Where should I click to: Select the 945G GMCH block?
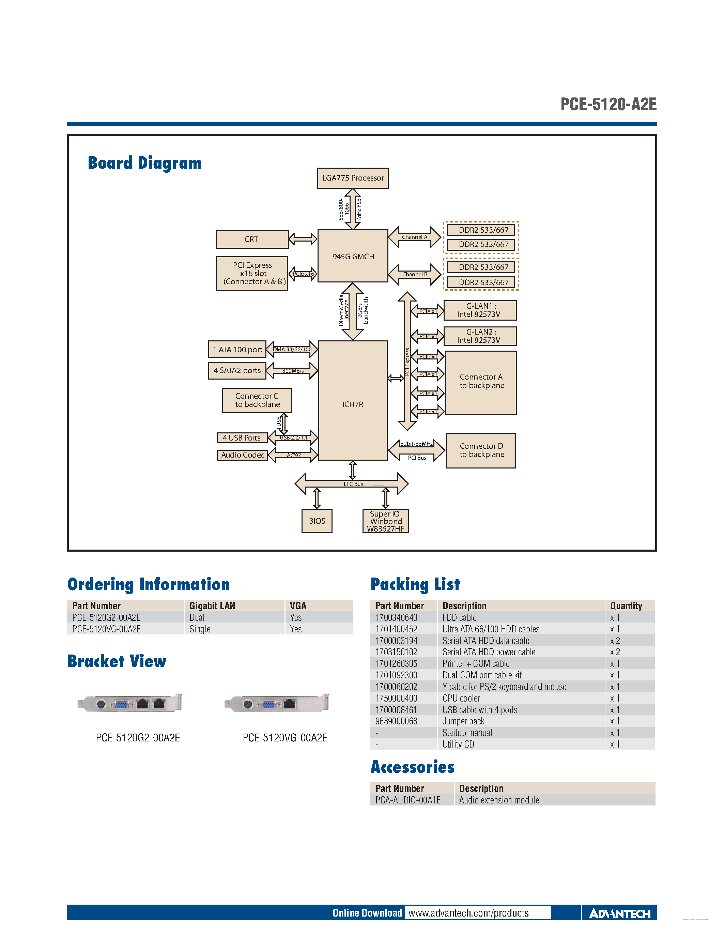coord(353,256)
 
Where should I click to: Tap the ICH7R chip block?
coord(353,404)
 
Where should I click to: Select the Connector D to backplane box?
coord(481,450)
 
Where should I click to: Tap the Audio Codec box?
coord(242,455)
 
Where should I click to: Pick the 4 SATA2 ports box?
coord(237,370)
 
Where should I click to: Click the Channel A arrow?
coord(414,237)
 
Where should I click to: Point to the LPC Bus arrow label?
coord(353,483)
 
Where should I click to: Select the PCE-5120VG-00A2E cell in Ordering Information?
coord(106,629)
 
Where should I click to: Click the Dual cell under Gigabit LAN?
coord(197,617)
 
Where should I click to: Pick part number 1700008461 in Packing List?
coord(396,710)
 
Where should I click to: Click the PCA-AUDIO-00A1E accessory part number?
coord(407,800)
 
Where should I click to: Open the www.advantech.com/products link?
coord(468,913)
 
